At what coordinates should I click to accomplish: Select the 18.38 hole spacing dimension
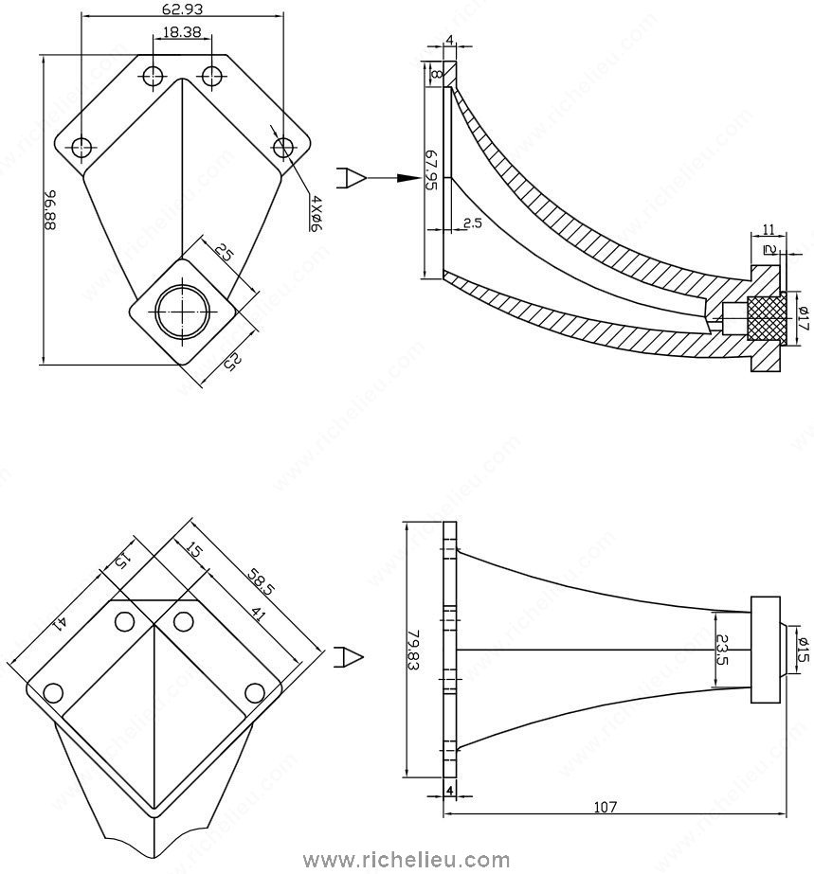click(x=180, y=32)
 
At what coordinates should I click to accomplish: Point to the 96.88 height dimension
click(x=49, y=211)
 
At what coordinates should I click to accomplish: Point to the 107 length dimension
click(x=606, y=807)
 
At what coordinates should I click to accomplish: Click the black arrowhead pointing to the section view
click(x=407, y=177)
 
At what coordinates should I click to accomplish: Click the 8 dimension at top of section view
click(x=436, y=73)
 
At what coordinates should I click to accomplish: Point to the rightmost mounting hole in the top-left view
click(x=282, y=147)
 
